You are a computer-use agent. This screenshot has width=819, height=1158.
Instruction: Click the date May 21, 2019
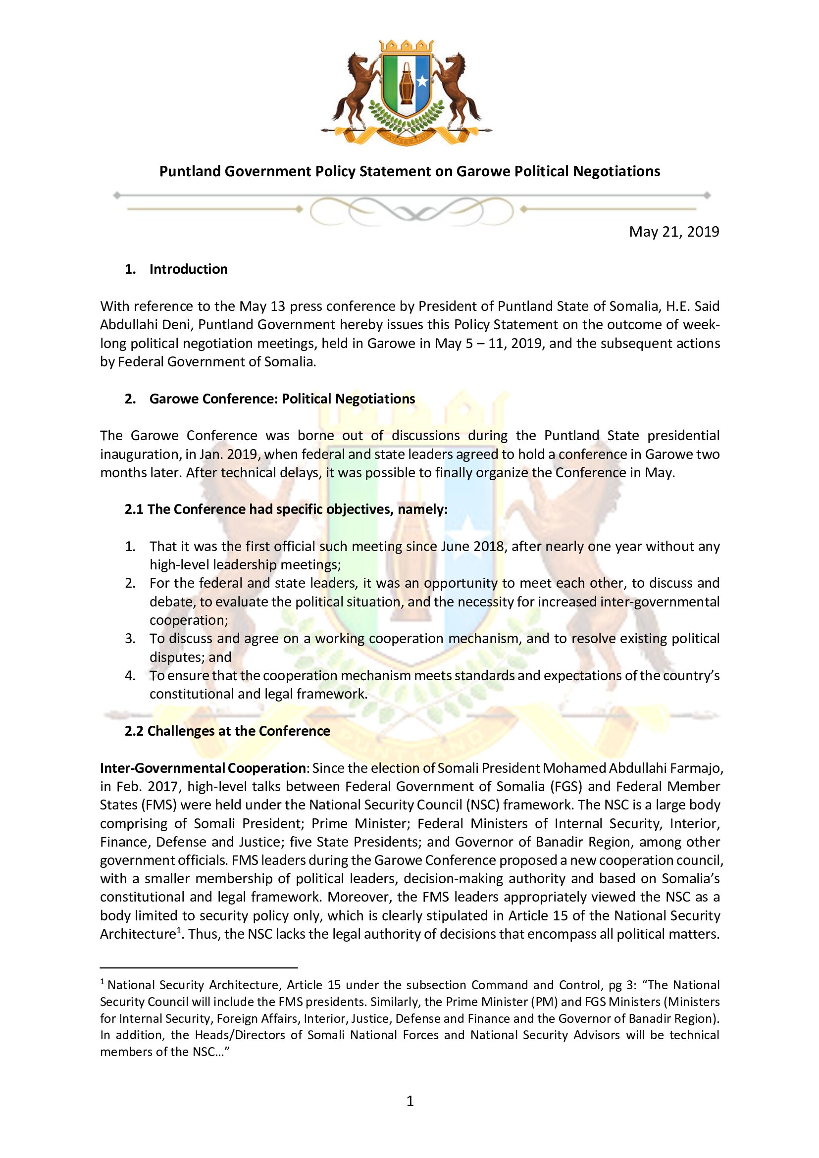pyautogui.click(x=674, y=232)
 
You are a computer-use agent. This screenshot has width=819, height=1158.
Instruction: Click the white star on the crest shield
pyautogui.click(x=421, y=80)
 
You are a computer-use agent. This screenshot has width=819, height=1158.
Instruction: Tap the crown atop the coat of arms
pyautogui.click(x=406, y=46)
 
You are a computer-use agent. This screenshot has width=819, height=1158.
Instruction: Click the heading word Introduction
pyautogui.click(x=188, y=269)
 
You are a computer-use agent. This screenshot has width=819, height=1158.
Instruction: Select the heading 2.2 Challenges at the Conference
pyautogui.click(x=227, y=731)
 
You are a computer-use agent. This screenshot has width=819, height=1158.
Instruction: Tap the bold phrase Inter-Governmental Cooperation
pyautogui.click(x=203, y=768)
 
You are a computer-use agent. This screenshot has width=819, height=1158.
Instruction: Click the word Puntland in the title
pyautogui.click(x=190, y=171)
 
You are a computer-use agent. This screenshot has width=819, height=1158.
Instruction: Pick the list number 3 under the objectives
pyautogui.click(x=130, y=639)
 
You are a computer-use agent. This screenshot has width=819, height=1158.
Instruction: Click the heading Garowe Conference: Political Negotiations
pyautogui.click(x=282, y=399)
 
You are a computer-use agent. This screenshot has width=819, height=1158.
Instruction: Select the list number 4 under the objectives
pyautogui.click(x=130, y=676)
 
